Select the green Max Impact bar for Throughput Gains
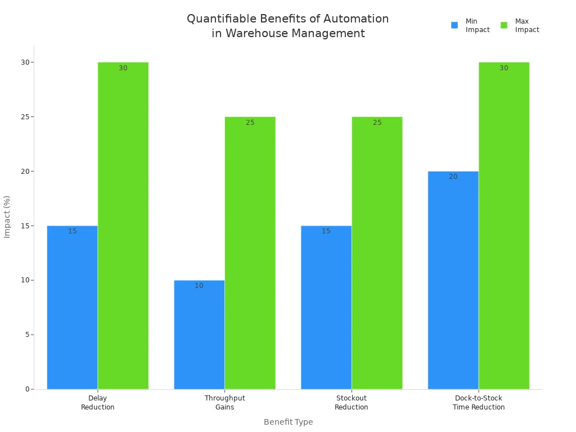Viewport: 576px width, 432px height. click(x=250, y=253)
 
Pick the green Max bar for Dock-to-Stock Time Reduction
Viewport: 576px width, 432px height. click(x=504, y=226)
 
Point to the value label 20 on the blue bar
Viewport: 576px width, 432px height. click(x=453, y=177)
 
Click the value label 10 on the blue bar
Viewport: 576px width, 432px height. click(x=199, y=286)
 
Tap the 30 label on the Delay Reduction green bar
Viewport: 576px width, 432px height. click(x=123, y=68)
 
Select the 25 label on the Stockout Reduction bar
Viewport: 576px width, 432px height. click(x=377, y=123)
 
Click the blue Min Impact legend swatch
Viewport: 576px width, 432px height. click(x=454, y=25)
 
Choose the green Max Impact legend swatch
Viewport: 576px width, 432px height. click(x=504, y=25)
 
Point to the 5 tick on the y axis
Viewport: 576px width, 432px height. click(x=26, y=335)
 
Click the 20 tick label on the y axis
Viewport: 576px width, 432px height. click(x=25, y=171)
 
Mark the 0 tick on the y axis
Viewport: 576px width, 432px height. click(x=26, y=389)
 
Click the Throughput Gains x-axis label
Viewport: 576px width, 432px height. click(x=224, y=403)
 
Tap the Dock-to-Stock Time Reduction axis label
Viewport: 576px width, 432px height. click(x=479, y=403)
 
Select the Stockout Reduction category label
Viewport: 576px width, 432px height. click(x=352, y=403)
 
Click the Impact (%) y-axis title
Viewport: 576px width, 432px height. click(x=7, y=217)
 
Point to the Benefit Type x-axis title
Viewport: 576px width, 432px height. click(x=288, y=422)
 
